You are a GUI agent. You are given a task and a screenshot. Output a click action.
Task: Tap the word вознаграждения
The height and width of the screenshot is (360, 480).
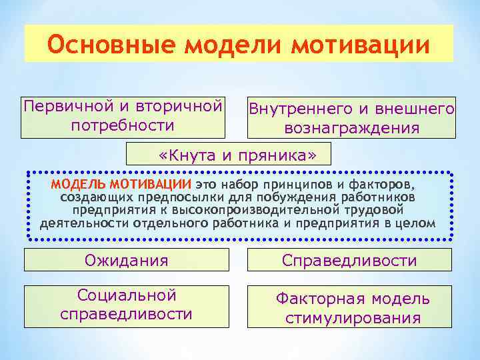pyautogui.click(x=351, y=127)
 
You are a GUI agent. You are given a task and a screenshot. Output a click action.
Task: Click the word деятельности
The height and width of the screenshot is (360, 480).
pyautogui.click(x=83, y=223)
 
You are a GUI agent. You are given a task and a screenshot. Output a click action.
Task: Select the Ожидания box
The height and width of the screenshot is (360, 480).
pyautogui.click(x=126, y=259)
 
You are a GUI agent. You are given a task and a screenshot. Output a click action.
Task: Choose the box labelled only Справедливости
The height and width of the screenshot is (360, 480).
pyautogui.click(x=349, y=260)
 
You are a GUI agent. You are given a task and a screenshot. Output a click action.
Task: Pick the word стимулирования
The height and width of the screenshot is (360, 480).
pyautogui.click(x=353, y=317)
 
